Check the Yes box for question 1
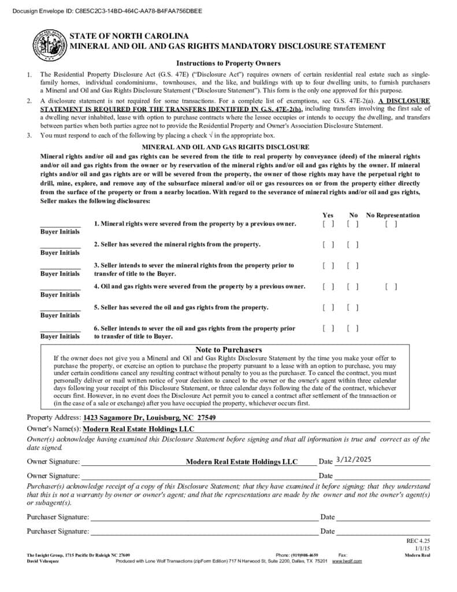click(x=328, y=224)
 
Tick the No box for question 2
click(x=353, y=245)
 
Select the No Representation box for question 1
click(x=391, y=224)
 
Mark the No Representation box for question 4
click(x=391, y=286)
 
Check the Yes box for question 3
click(x=328, y=265)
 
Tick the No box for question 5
click(x=353, y=307)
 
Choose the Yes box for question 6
click(x=328, y=328)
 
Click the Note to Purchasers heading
click(x=228, y=350)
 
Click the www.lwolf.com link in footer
click(x=347, y=561)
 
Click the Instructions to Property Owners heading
click(x=228, y=63)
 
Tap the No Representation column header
click(x=393, y=215)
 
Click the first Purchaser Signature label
click(x=58, y=517)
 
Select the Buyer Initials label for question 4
click(x=60, y=295)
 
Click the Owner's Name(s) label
click(x=54, y=429)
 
